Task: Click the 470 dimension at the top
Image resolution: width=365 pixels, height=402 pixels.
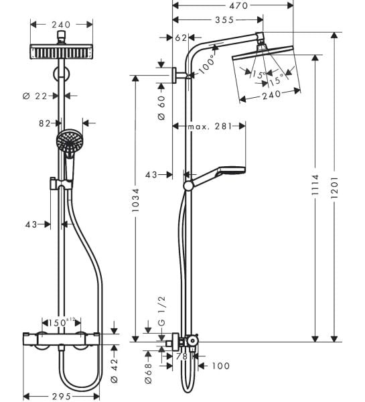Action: pos(232,5)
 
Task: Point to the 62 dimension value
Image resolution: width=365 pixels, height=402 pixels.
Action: pos(180,39)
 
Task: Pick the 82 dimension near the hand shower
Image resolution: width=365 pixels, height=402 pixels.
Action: pos(46,123)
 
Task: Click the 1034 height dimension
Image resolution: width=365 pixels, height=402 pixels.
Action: pos(136,200)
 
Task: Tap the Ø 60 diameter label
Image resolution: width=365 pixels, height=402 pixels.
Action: pos(161,107)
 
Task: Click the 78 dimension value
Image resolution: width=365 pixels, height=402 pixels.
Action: pos(183,356)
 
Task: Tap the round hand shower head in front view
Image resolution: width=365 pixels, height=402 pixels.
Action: pos(67,140)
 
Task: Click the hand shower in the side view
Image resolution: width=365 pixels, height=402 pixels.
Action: pos(229,170)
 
